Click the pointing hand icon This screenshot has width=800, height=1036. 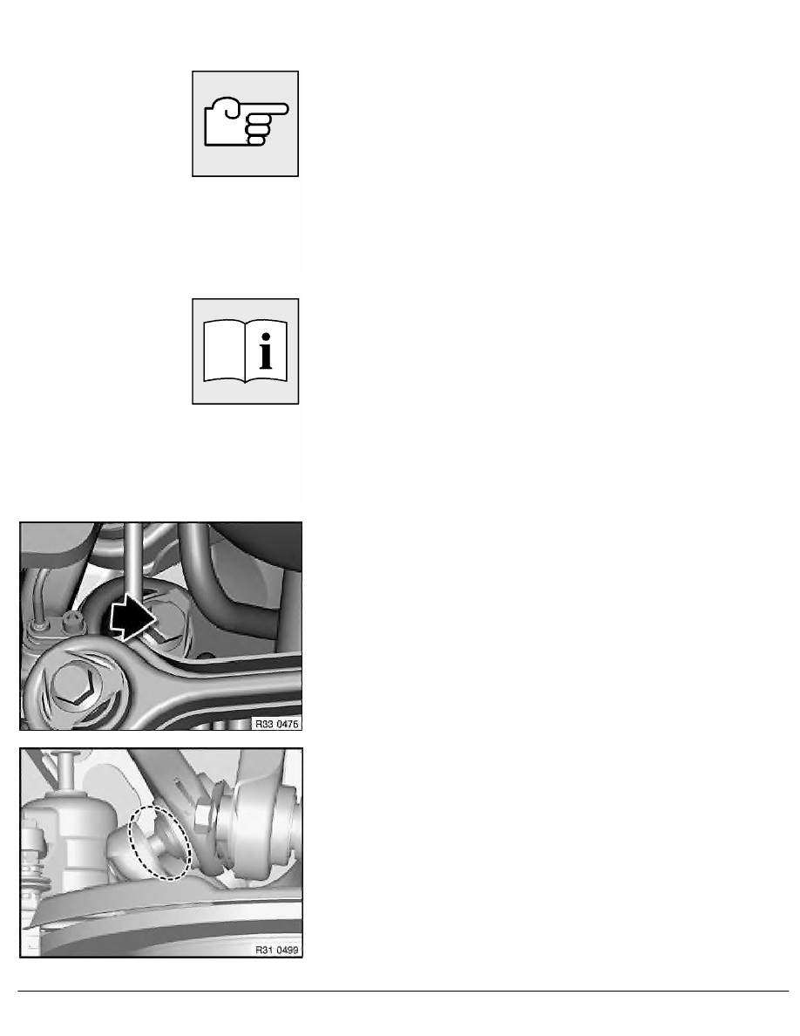(246, 124)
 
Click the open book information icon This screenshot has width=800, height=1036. (246, 351)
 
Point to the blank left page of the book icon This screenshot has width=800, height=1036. (223, 353)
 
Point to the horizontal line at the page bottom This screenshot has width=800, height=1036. (400, 991)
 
